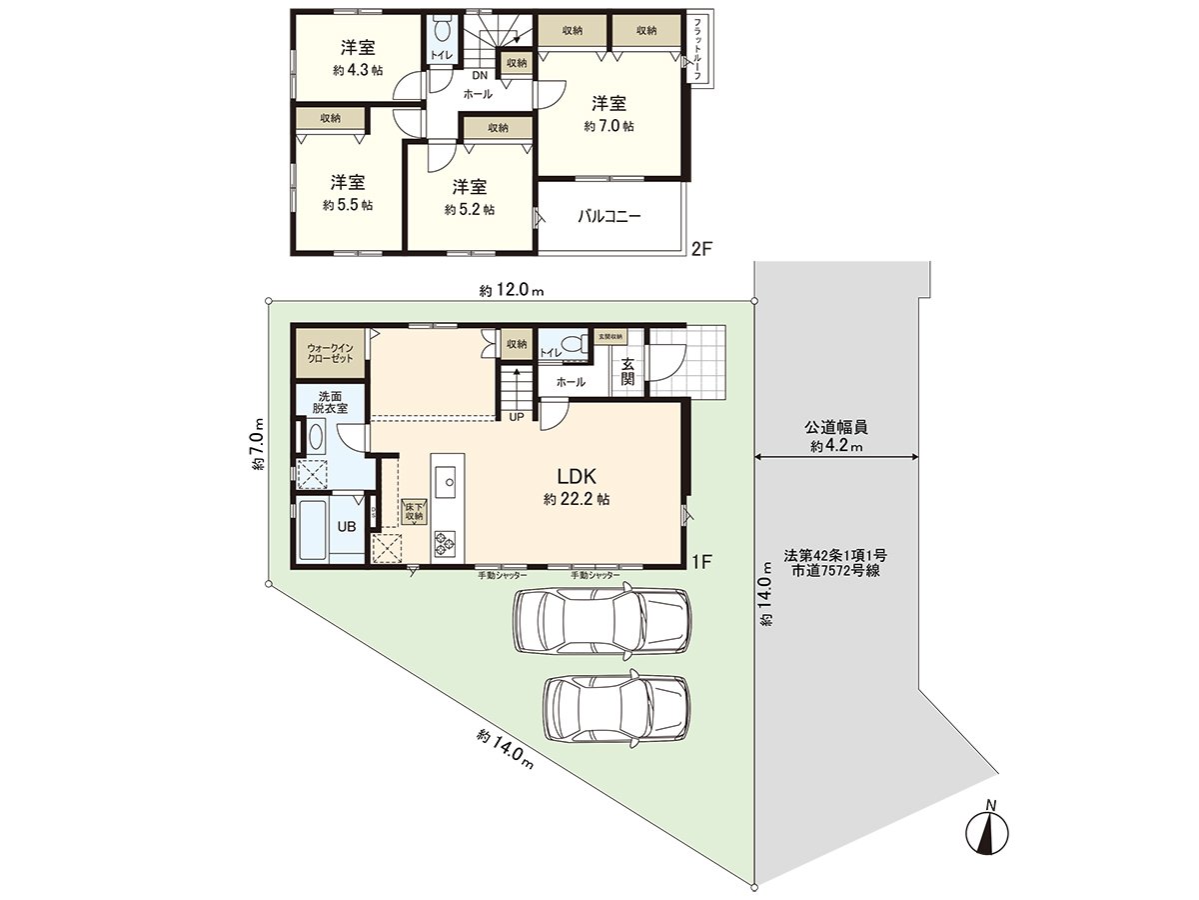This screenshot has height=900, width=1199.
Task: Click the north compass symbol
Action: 990,830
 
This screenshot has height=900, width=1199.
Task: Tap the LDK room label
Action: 577,477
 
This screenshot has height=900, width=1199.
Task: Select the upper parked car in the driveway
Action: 601,620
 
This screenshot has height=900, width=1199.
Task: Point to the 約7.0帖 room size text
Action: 608,126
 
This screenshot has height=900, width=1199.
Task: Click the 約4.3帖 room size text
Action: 358,71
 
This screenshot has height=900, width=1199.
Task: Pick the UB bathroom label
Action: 346,528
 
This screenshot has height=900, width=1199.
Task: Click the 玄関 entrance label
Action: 627,372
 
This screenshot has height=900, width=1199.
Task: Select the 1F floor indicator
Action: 700,562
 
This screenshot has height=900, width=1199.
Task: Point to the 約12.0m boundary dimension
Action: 510,291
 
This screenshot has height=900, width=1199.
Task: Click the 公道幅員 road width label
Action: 836,427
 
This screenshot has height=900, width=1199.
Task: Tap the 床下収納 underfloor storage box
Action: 413,511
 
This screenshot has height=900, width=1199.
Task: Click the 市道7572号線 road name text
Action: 831,571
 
